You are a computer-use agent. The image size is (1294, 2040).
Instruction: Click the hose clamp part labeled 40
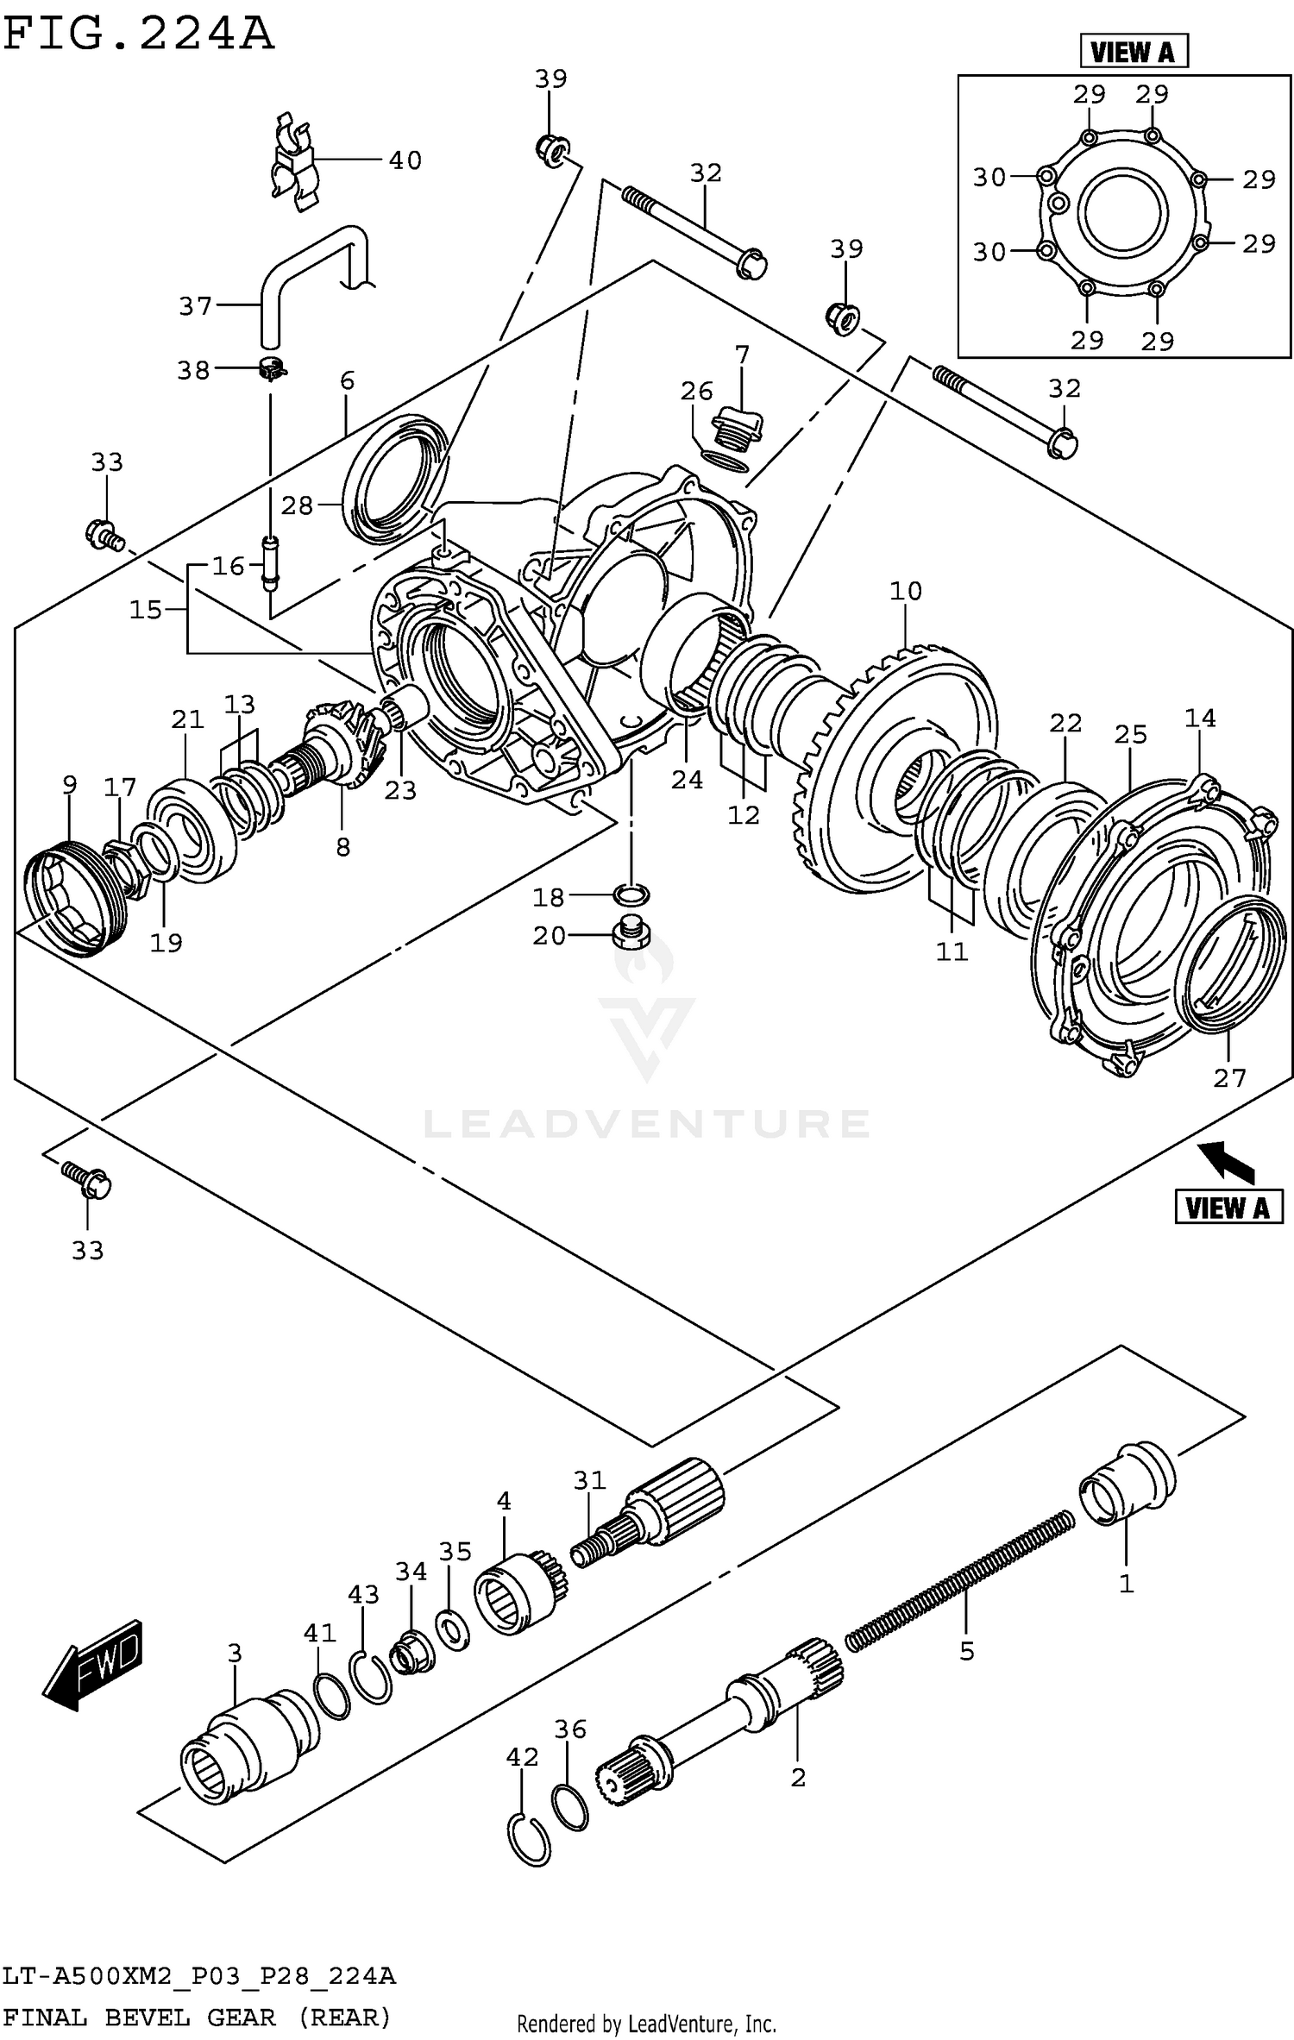[293, 164]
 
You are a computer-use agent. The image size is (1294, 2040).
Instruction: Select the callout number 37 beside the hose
[195, 306]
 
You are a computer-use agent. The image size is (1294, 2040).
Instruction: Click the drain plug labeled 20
[631, 934]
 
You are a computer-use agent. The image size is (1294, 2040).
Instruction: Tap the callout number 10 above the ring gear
[906, 592]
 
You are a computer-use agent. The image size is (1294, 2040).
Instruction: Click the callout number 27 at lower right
[1229, 1078]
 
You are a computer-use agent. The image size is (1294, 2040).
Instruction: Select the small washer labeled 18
[632, 894]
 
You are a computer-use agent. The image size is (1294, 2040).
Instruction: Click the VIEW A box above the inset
[1134, 53]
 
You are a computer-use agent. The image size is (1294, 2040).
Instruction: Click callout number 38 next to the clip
[193, 371]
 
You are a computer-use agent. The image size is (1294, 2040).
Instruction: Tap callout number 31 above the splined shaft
[590, 1480]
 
